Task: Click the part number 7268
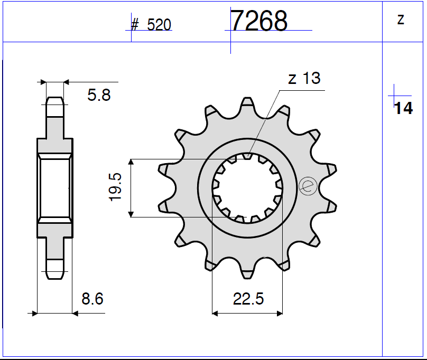tap(259, 22)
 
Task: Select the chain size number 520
tap(159, 25)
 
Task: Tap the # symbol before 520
tap(135, 25)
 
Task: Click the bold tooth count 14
tap(403, 108)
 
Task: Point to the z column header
tap(401, 20)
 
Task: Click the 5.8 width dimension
tap(99, 95)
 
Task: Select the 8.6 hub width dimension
tap(92, 299)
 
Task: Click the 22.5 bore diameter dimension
tap(248, 299)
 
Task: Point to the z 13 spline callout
tap(304, 79)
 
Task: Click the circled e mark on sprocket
tap(307, 186)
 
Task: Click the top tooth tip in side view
tap(55, 101)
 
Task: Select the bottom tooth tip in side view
tap(55, 275)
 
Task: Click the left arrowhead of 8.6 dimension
tap(35, 313)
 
